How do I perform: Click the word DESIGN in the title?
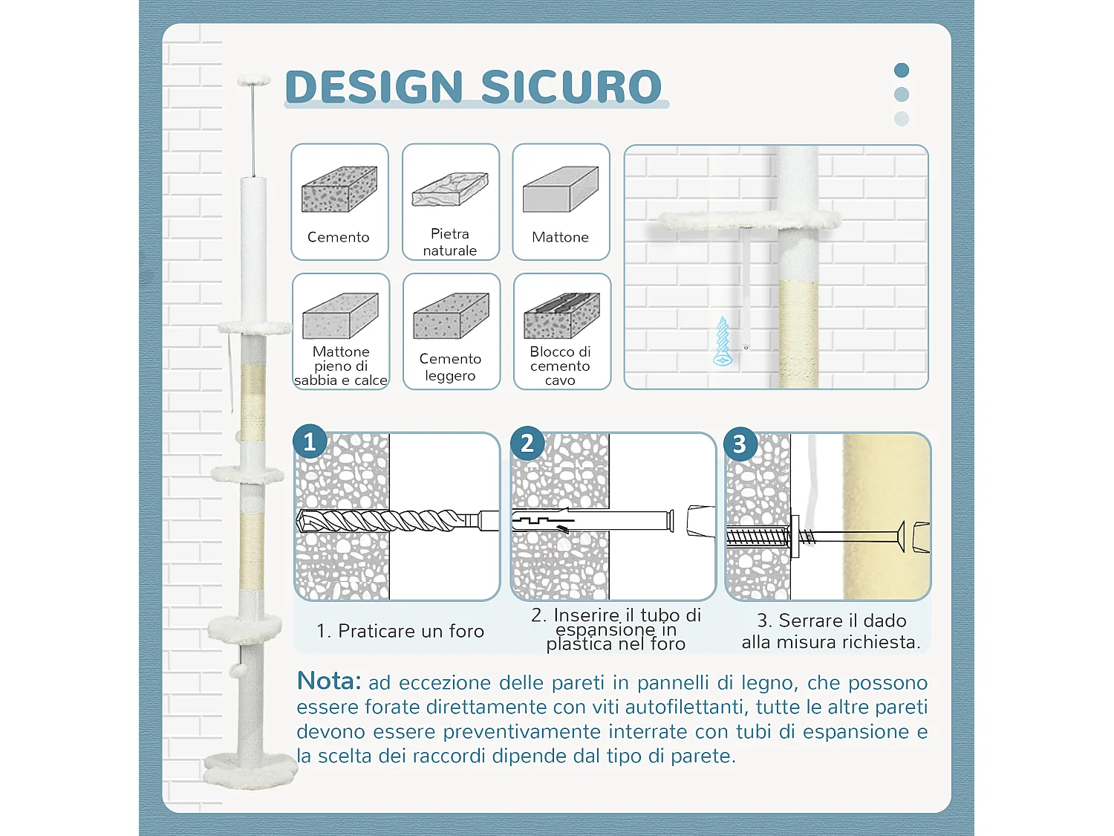tap(374, 87)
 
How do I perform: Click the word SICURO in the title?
tap(571, 87)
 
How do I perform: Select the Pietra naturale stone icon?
tap(450, 189)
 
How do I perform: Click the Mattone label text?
tap(560, 238)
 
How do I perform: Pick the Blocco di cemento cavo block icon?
tap(561, 316)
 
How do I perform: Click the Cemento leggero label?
tap(450, 367)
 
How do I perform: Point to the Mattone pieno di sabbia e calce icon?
tap(340, 316)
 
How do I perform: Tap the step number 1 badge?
tap(310, 442)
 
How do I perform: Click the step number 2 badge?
tap(527, 444)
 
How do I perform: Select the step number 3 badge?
tap(740, 444)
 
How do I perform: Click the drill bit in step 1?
tap(386, 519)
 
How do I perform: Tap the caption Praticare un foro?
tap(400, 631)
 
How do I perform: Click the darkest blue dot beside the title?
tap(902, 71)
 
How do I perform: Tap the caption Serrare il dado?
tap(831, 631)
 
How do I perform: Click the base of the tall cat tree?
tap(250, 770)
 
